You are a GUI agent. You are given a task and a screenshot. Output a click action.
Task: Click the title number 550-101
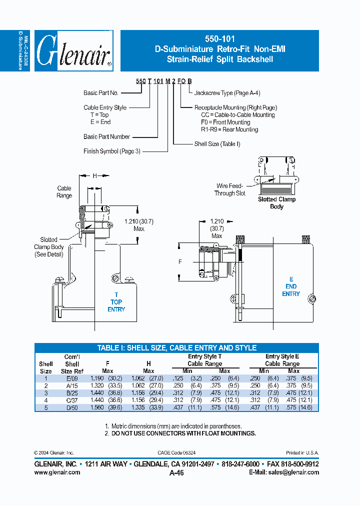point(219,38)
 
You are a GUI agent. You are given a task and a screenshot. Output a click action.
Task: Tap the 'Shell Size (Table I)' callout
point(217,144)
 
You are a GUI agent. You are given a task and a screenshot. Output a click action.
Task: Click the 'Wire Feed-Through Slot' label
point(230,189)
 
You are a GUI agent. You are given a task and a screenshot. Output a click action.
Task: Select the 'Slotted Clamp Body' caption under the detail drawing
point(276,203)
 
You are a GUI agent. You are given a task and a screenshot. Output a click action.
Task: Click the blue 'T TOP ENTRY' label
point(116,302)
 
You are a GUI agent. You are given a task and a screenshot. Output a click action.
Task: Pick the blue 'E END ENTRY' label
point(290,286)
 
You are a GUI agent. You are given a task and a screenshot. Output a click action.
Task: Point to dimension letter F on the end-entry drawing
point(180,261)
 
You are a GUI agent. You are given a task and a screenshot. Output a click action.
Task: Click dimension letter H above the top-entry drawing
point(94,175)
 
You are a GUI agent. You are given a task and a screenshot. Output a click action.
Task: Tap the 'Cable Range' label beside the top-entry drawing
point(64,192)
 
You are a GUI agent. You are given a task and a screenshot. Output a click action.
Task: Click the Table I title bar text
point(176,348)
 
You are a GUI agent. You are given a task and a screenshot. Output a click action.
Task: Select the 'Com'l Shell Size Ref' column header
point(72,364)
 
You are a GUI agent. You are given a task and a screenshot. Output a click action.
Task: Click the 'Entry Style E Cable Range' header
point(282,360)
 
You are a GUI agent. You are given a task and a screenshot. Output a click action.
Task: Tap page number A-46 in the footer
point(177,473)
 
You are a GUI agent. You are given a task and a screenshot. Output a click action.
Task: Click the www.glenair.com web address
point(57,472)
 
